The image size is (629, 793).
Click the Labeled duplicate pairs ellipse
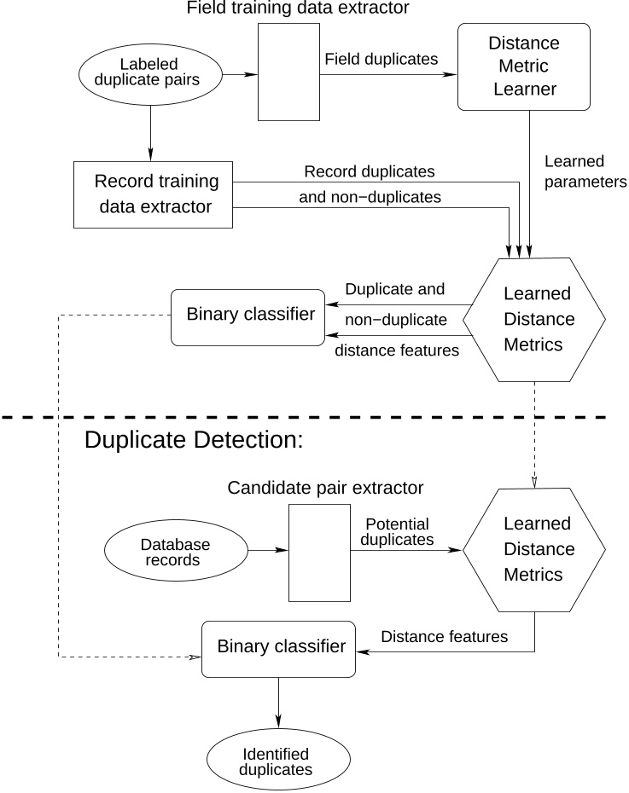click(x=151, y=75)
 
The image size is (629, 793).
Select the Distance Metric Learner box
click(x=524, y=67)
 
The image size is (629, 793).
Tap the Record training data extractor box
click(x=154, y=194)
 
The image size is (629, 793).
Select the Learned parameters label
click(x=585, y=171)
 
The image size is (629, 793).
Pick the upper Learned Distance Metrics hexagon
click(x=535, y=319)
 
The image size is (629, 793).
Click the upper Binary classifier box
click(x=248, y=315)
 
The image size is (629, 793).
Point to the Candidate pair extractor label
click(x=325, y=489)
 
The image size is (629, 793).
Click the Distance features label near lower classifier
click(x=444, y=636)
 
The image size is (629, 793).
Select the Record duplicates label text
click(x=369, y=171)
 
